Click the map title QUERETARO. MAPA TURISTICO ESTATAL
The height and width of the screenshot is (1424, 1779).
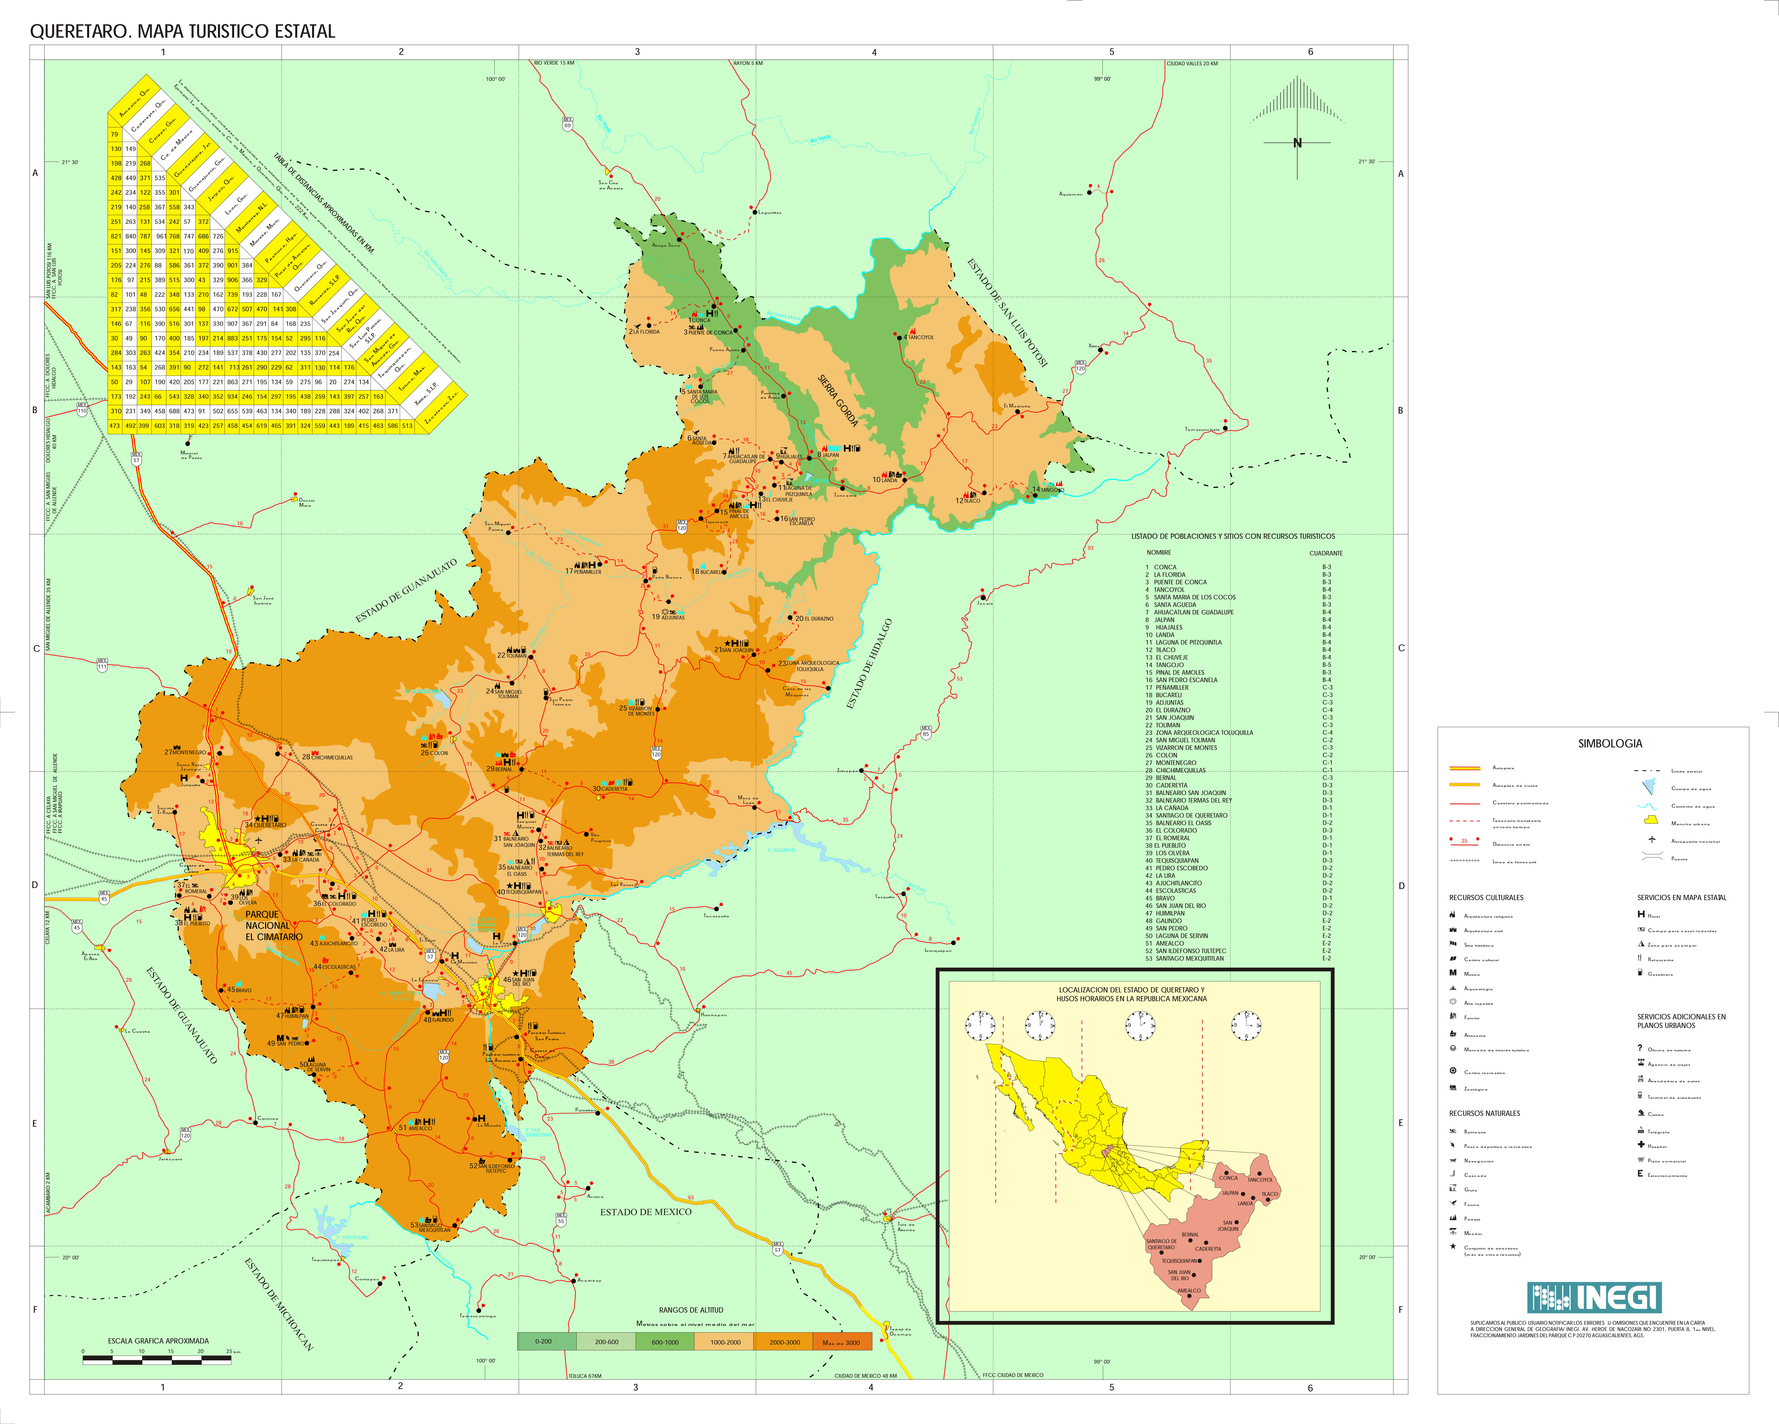pyautogui.click(x=182, y=31)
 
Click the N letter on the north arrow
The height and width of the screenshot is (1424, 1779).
pyautogui.click(x=1297, y=143)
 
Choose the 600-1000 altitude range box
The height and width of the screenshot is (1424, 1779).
pyautogui.click(x=665, y=1341)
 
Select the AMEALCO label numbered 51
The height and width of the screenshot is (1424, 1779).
pyautogui.click(x=418, y=1128)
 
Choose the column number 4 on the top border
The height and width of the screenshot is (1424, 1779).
pyautogui.click(x=874, y=52)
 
